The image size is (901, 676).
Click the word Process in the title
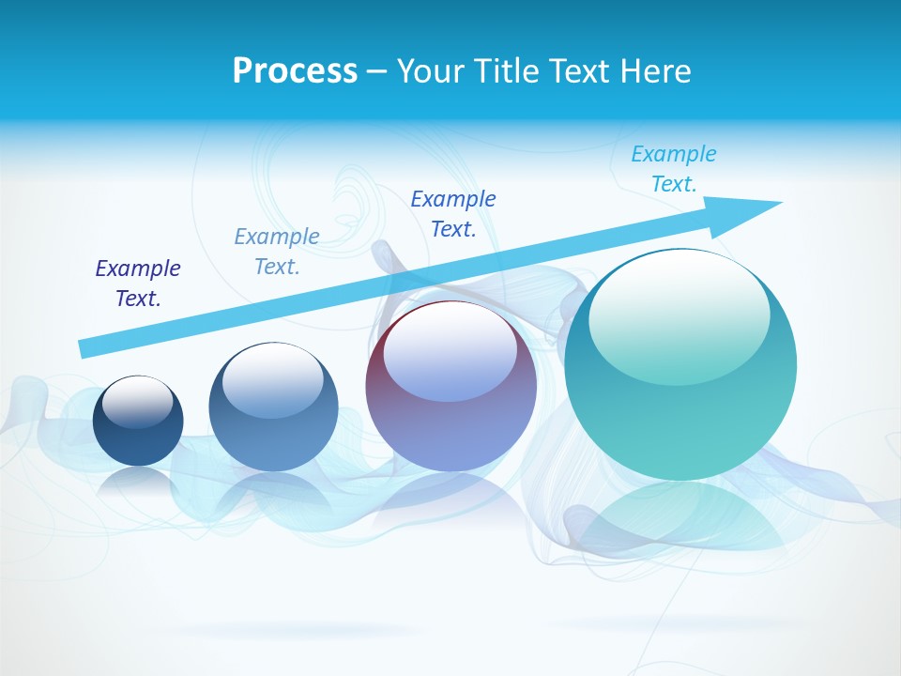[295, 71]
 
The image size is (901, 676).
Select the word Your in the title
[432, 71]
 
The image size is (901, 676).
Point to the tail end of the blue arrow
[84, 348]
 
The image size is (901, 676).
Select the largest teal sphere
[680, 413]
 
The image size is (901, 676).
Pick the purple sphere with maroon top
[450, 432]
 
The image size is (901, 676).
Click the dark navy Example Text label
[138, 283]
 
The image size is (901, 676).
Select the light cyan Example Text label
[674, 168]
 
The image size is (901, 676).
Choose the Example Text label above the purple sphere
[453, 213]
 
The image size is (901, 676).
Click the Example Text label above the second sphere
[277, 251]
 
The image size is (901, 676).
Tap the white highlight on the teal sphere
[679, 315]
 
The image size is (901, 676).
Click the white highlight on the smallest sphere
[138, 402]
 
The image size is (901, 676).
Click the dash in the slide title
[376, 71]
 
